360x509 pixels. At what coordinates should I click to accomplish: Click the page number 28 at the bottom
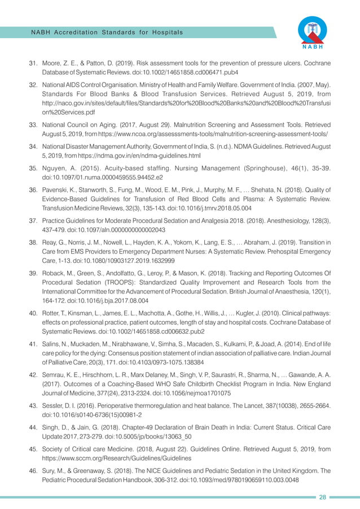coord(323,497)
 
